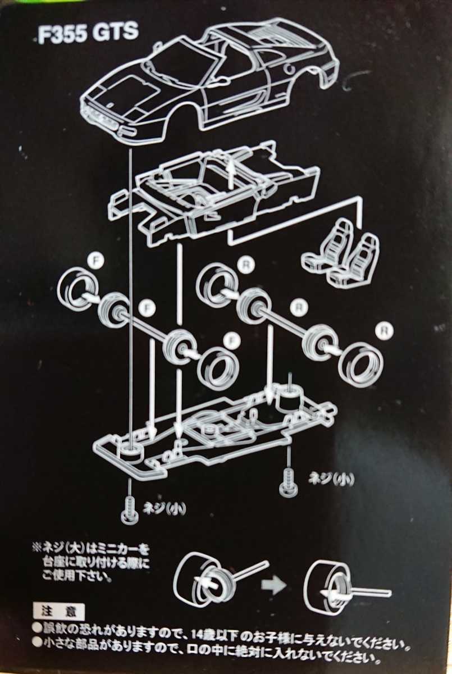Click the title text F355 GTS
(x=88, y=33)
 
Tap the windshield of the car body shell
(x=179, y=62)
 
